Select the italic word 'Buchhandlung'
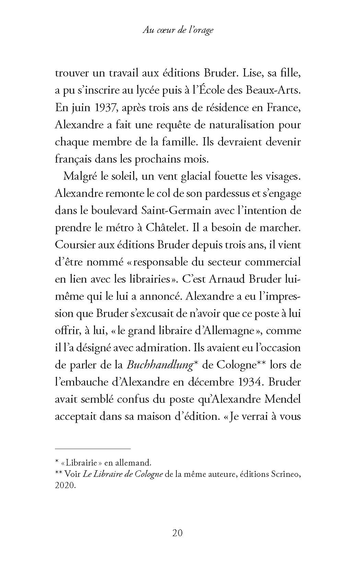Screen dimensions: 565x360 click(159, 365)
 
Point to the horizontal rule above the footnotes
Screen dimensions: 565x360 click(93, 449)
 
